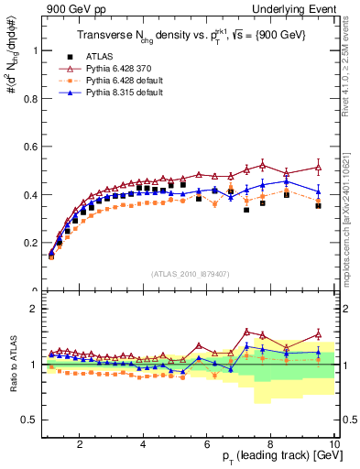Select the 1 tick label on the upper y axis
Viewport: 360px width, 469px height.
point(34,50)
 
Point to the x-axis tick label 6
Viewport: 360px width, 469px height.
point(207,445)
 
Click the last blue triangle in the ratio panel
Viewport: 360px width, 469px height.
point(318,352)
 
